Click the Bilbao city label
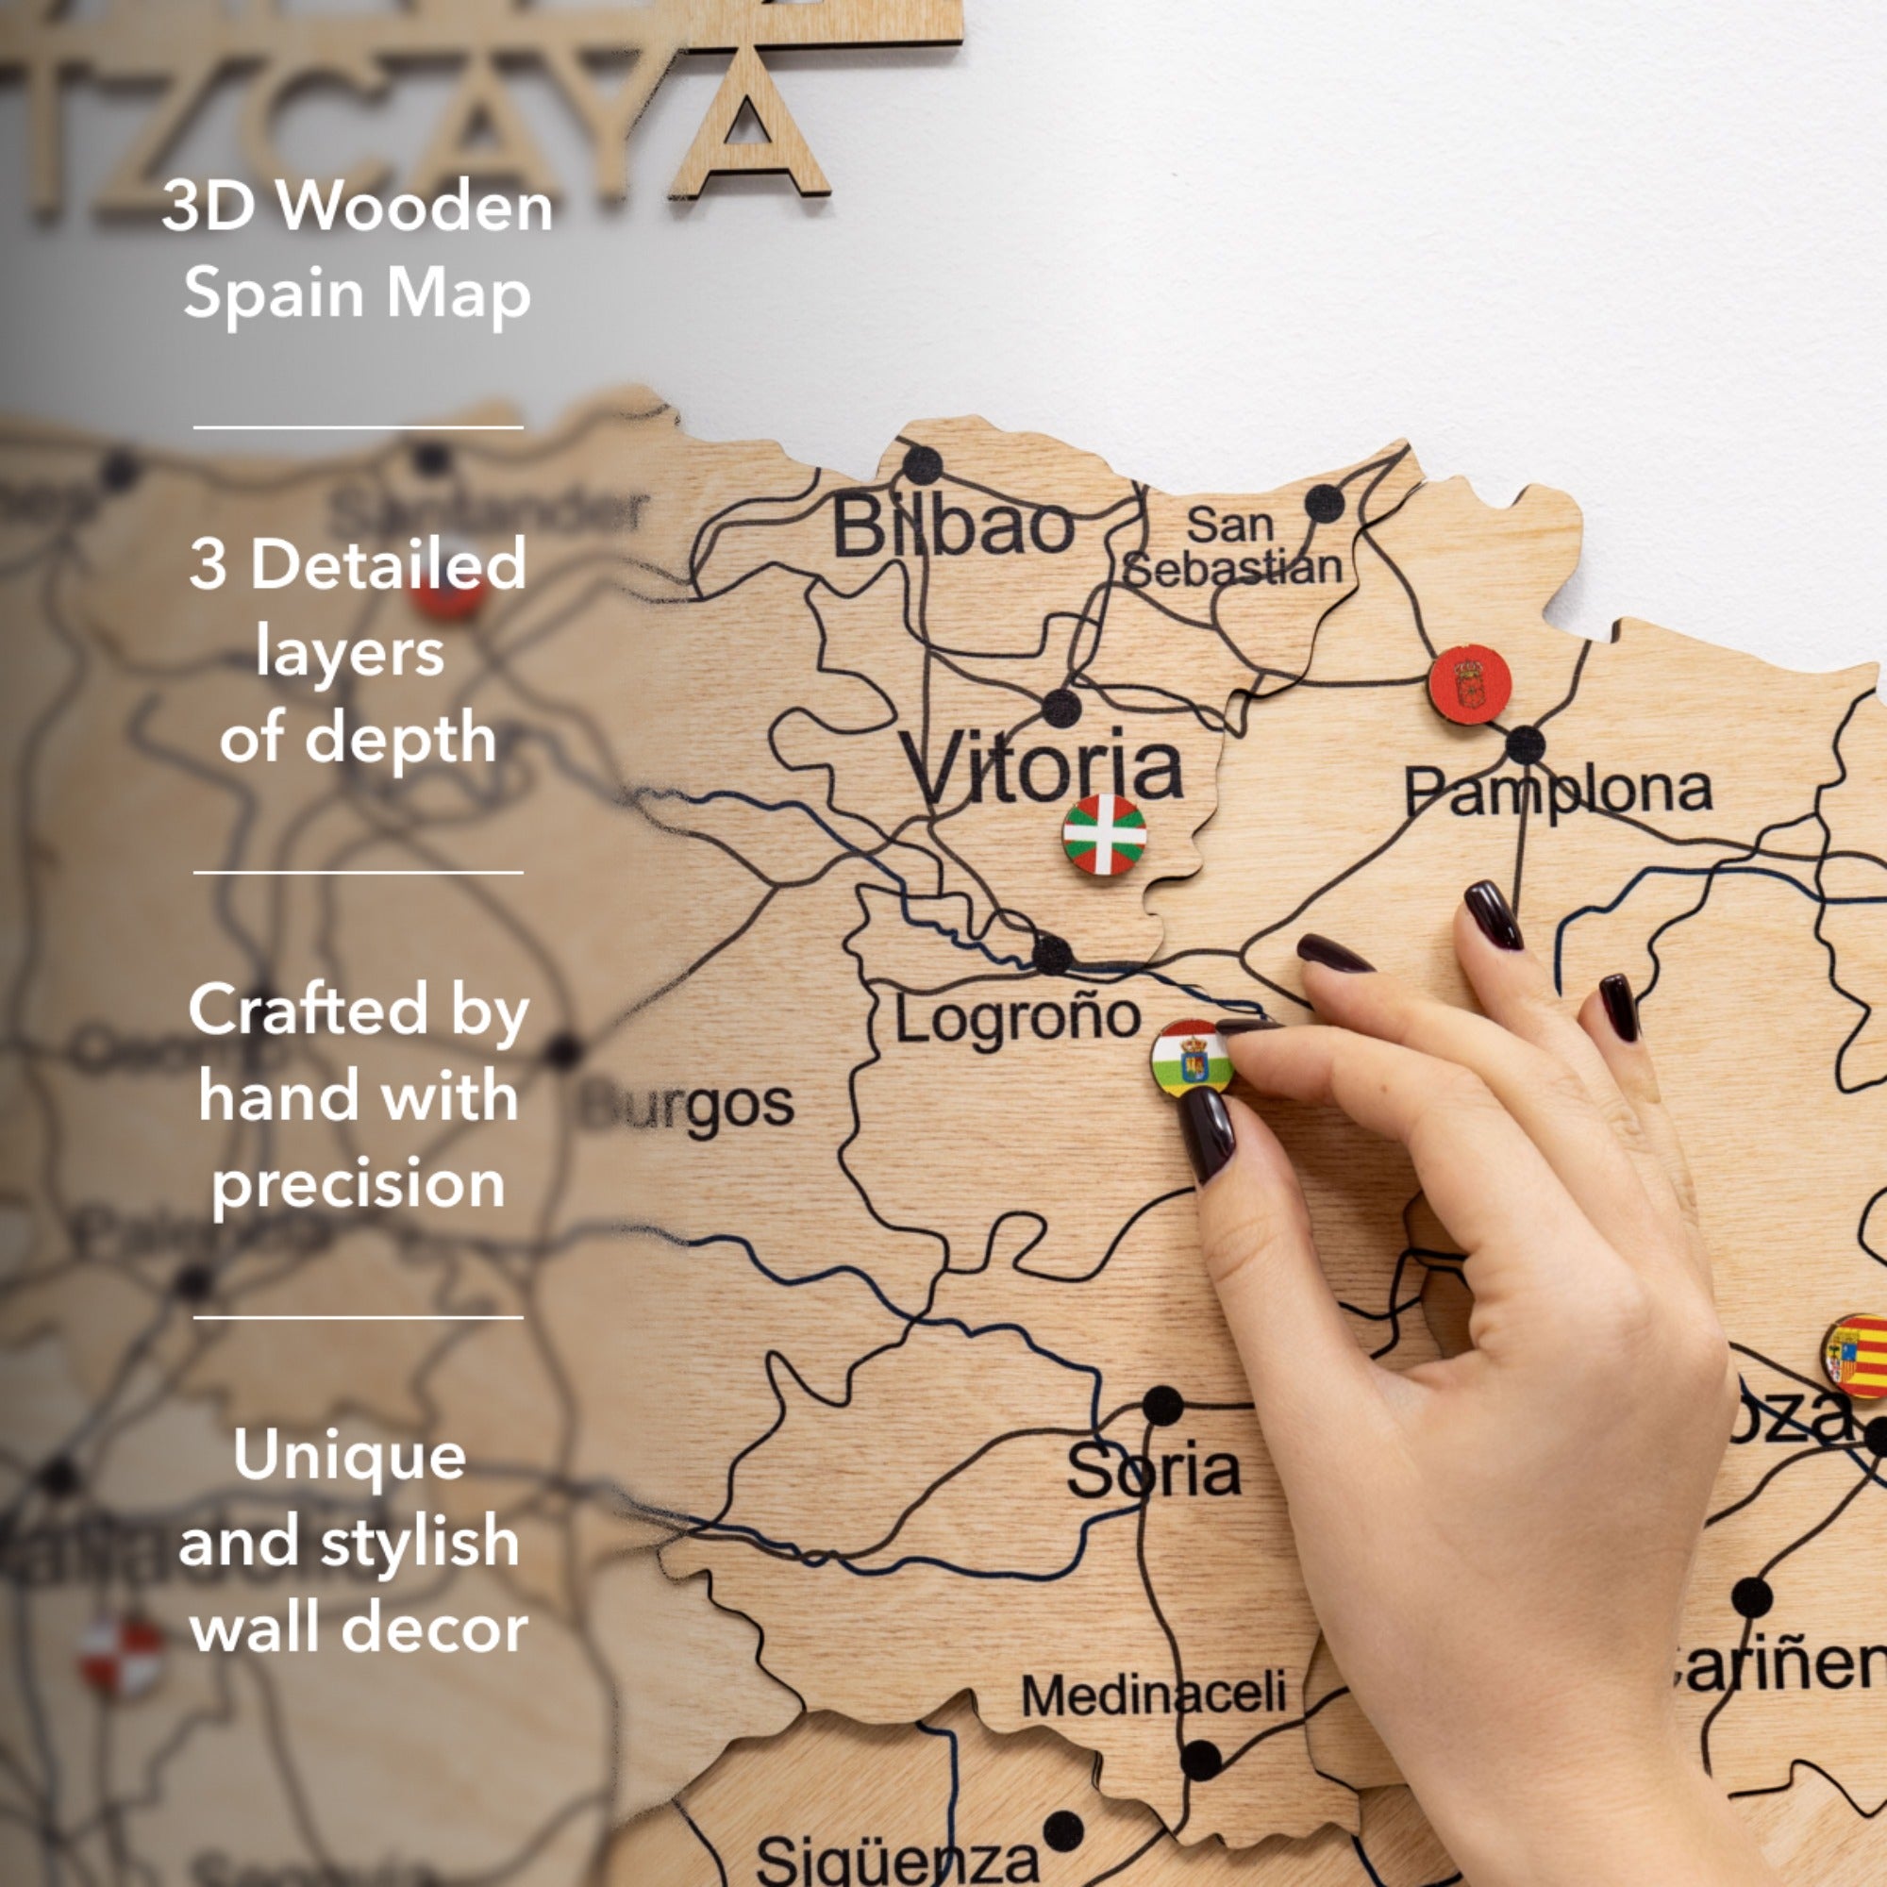tap(952, 528)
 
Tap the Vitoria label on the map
tap(1043, 767)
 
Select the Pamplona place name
tap(1558, 792)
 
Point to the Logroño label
tap(1018, 1019)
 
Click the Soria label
tap(1153, 1471)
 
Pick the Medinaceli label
tap(1154, 1695)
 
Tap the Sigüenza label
tap(896, 1859)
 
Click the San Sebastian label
tap(1231, 548)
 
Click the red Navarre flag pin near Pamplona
tap(1469, 685)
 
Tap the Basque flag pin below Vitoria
tap(1104, 834)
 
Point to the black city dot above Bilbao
tap(921, 465)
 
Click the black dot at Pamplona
tap(1525, 746)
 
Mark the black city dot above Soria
tap(1162, 1407)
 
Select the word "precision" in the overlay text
tap(358, 1184)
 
